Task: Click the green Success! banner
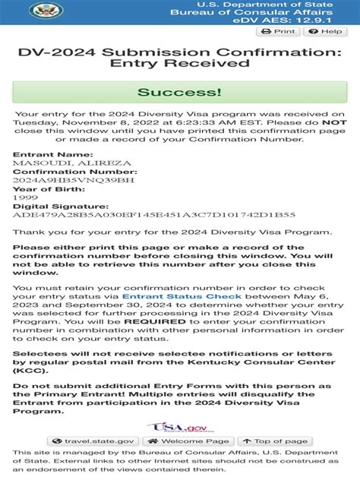click(179, 93)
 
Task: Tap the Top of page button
click(274, 441)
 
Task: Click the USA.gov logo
click(179, 427)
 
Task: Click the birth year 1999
click(24, 197)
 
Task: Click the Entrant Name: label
click(49, 155)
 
